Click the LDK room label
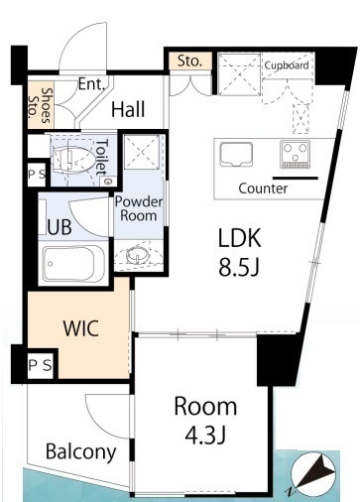tap(240, 238)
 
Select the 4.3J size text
tap(205, 435)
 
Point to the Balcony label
tap(81, 452)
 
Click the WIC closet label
tap(81, 328)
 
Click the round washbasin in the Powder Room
tap(137, 255)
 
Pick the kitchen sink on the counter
tap(236, 155)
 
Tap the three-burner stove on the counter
tap(296, 154)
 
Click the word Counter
tap(263, 188)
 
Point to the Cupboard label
tap(287, 65)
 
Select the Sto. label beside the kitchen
tap(189, 61)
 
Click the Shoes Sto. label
tap(40, 105)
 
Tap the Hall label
tap(128, 109)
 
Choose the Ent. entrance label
tap(91, 84)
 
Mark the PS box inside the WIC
tap(41, 365)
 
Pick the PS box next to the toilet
tap(37, 175)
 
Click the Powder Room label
tap(139, 208)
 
